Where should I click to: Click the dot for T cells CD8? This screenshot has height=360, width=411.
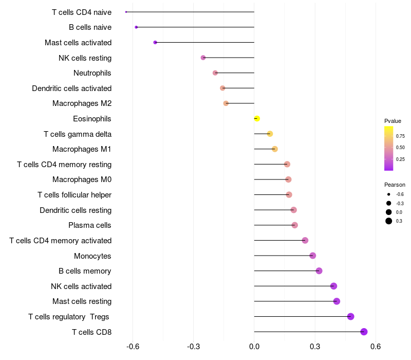pyautogui.click(x=364, y=332)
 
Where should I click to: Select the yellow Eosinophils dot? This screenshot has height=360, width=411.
pyautogui.click(x=257, y=119)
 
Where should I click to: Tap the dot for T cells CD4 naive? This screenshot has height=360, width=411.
pyautogui.click(x=126, y=12)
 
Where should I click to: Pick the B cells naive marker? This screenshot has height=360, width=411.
pyautogui.click(x=136, y=27)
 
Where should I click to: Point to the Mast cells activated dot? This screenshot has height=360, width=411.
pyautogui.click(x=155, y=42)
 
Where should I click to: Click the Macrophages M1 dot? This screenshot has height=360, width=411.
pyautogui.click(x=275, y=149)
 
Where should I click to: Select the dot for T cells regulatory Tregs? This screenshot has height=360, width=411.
pyautogui.click(x=350, y=316)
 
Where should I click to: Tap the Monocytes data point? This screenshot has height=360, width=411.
pyautogui.click(x=312, y=256)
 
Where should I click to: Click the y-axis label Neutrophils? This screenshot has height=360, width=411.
pyautogui.click(x=92, y=73)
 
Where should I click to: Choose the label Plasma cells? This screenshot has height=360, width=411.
pyautogui.click(x=90, y=225)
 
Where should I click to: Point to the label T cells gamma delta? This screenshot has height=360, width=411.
pyautogui.click(x=78, y=134)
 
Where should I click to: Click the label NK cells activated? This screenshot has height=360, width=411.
pyautogui.click(x=81, y=286)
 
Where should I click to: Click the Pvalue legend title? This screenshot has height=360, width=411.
pyautogui.click(x=393, y=121)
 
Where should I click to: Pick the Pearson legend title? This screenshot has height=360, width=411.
pyautogui.click(x=395, y=185)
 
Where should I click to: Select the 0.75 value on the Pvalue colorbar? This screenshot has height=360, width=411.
pyautogui.click(x=400, y=136)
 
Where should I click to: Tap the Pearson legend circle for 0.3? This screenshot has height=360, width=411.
pyautogui.click(x=389, y=221)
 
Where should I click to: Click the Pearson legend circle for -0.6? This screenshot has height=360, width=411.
pyautogui.click(x=389, y=194)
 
